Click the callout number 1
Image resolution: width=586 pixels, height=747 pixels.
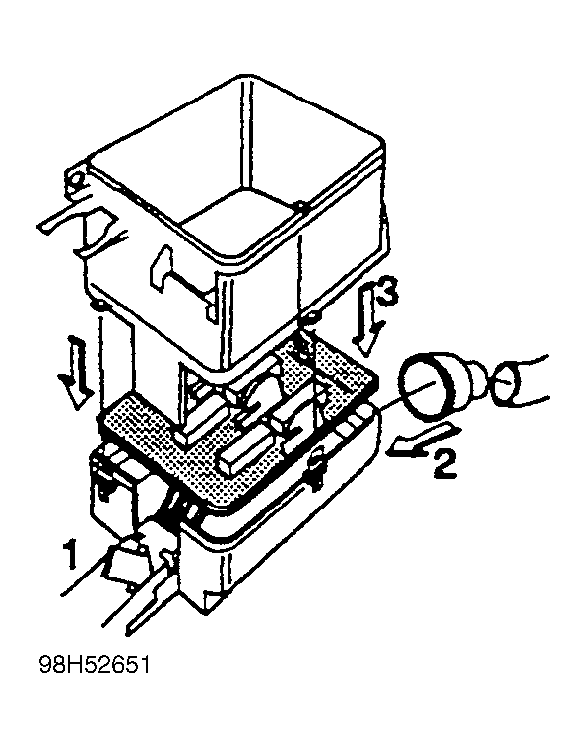[71, 554]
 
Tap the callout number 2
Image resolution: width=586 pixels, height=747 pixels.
[444, 464]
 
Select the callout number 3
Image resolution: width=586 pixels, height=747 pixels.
[386, 294]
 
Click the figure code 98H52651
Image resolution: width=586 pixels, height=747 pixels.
[95, 665]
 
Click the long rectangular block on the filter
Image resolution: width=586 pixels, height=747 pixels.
[248, 447]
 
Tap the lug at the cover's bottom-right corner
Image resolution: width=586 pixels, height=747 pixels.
[314, 316]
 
